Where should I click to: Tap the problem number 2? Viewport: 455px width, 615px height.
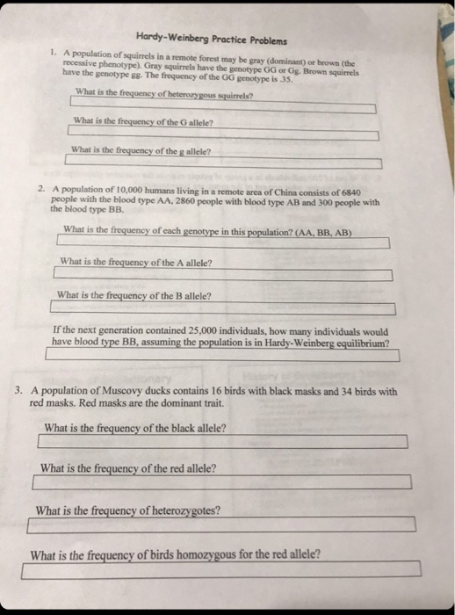click(41, 189)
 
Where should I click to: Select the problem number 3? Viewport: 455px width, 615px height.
click(19, 391)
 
